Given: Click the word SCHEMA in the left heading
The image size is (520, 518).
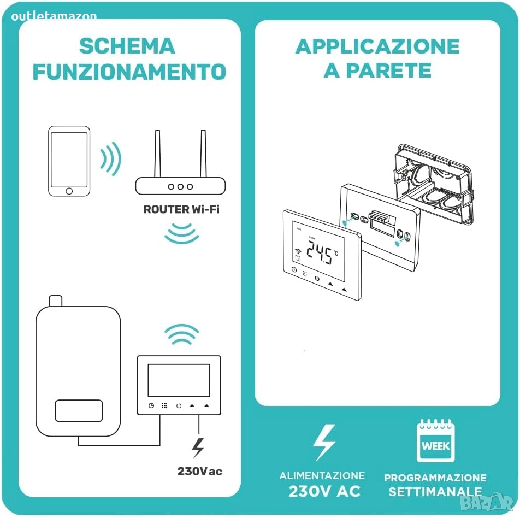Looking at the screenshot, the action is click(x=127, y=46).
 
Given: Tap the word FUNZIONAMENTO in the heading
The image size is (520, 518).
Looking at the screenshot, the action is click(x=129, y=72).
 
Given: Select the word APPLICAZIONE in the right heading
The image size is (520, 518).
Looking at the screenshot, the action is click(x=377, y=46).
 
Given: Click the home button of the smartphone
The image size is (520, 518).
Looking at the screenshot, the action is click(x=69, y=191).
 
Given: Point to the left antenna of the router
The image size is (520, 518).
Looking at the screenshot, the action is click(x=157, y=154).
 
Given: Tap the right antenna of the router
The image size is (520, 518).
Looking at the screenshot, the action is click(x=203, y=154).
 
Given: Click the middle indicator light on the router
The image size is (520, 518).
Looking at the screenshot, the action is click(x=180, y=186).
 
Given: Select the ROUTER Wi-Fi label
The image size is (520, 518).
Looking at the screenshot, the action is click(x=181, y=209).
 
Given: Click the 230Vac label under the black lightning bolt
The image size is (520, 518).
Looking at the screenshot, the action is click(x=200, y=471).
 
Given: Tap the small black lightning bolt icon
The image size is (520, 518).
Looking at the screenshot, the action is click(x=198, y=448).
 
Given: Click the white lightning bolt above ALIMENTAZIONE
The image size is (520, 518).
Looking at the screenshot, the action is click(x=324, y=443).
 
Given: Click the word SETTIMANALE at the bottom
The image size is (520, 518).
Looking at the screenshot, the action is click(x=435, y=492).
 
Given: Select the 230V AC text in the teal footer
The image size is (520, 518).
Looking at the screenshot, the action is click(x=324, y=491).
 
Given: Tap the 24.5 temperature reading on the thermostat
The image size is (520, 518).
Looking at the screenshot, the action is click(x=319, y=252).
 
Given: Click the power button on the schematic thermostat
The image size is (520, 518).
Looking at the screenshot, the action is click(x=179, y=405).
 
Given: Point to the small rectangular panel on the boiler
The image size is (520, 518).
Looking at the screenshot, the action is click(x=79, y=411).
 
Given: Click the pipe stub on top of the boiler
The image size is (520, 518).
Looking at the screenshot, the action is click(x=55, y=301).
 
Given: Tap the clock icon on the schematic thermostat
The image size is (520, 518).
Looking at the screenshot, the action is click(x=151, y=405).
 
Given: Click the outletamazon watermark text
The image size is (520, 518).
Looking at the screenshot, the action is click(x=54, y=16).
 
